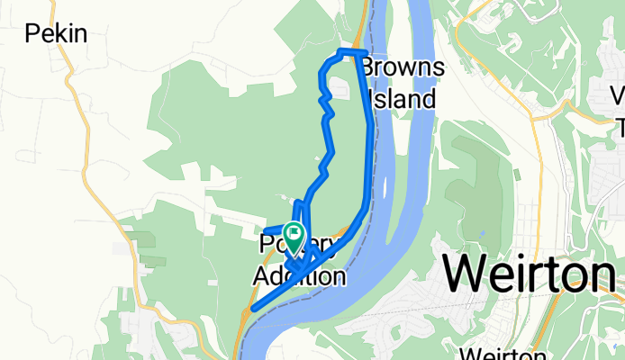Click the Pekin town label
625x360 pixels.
click(56, 34)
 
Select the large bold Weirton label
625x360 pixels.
click(530, 272)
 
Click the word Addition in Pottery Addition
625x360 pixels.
click(298, 275)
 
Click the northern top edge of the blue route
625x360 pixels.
click(351, 51)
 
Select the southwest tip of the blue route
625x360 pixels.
click(254, 309)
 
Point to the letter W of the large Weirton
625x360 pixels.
click(467, 272)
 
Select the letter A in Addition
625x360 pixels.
click(260, 275)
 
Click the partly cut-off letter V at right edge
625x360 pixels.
click(618, 95)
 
